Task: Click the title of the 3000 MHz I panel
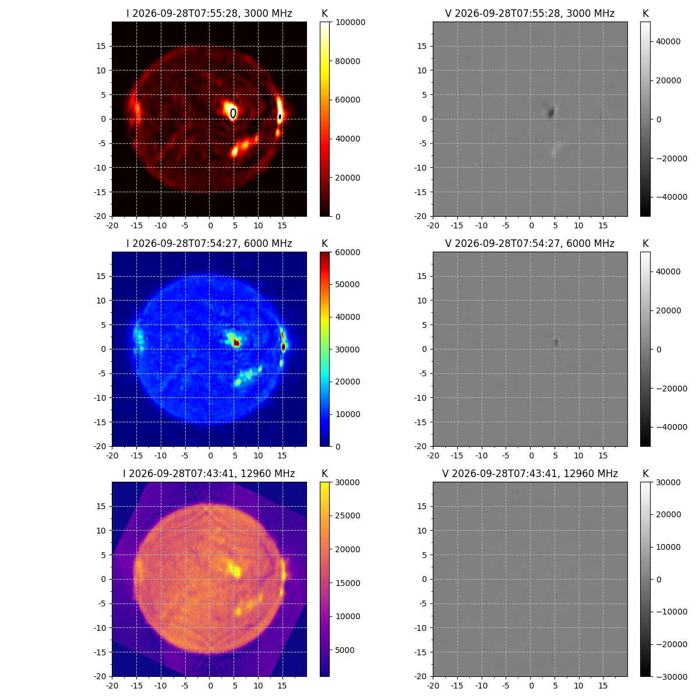tap(209, 13)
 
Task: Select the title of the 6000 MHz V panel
tap(529, 243)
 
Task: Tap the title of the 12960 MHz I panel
tap(209, 474)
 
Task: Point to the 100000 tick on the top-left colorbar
tap(351, 23)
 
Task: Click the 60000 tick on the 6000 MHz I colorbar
tap(348, 252)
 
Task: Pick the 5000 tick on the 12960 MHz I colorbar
tap(345, 650)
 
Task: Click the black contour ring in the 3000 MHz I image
tap(233, 114)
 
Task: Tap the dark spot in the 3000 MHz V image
tap(550, 112)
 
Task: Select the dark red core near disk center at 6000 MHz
tap(236, 343)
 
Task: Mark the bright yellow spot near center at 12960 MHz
tap(236, 571)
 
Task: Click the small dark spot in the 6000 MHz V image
tap(555, 343)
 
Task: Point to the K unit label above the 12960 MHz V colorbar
tap(645, 474)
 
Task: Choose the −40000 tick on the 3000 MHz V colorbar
tap(672, 197)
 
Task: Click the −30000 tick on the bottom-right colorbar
tap(672, 677)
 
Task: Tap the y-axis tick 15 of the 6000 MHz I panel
tap(101, 277)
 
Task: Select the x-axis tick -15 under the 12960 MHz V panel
tap(457, 686)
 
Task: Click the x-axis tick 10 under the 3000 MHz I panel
tap(258, 225)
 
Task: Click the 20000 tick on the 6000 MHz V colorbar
tap(668, 310)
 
